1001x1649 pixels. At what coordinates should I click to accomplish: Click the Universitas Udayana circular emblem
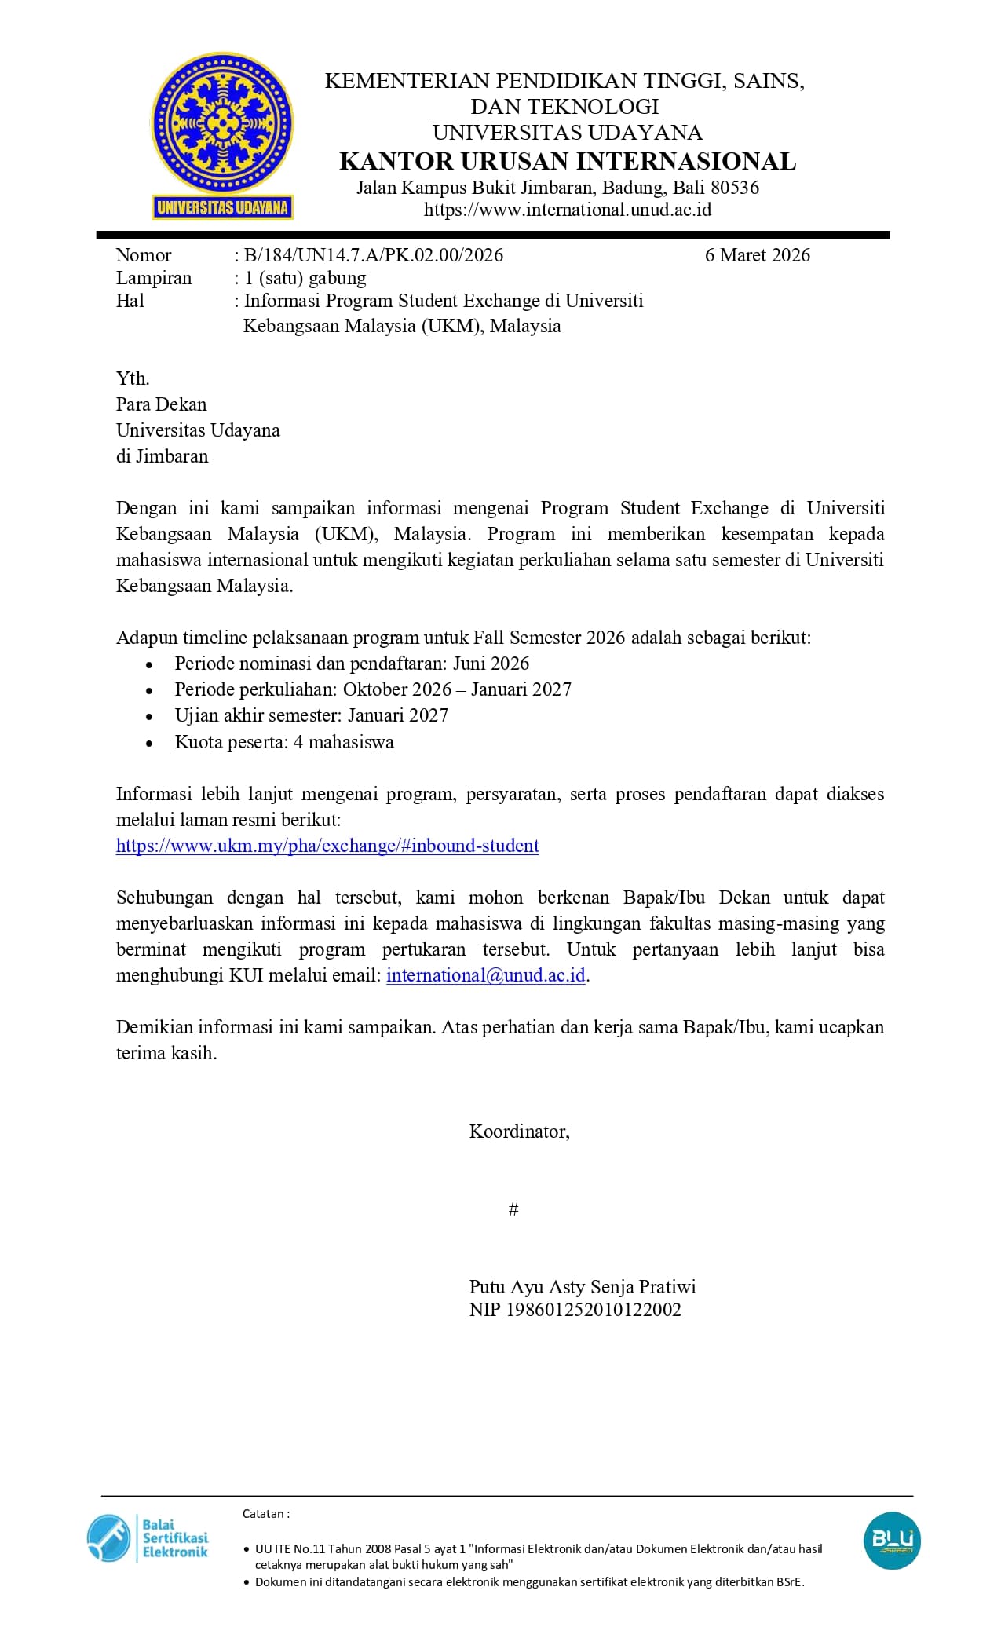pos(222,126)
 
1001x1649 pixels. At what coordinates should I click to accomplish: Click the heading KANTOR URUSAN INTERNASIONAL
pos(568,161)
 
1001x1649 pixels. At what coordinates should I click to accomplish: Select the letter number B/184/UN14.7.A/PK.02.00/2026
pos(374,255)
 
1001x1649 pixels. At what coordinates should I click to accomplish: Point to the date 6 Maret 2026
pos(757,255)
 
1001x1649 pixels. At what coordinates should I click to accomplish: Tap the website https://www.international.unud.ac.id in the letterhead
pos(567,210)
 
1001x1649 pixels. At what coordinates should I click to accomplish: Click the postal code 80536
pos(735,188)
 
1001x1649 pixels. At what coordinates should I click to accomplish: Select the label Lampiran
pos(154,278)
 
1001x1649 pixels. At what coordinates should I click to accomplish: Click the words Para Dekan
pos(162,404)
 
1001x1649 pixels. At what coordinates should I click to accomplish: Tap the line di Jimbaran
pos(163,456)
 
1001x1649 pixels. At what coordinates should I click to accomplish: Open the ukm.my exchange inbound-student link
pos(327,846)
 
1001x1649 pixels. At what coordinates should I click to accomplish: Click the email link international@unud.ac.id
pos(486,975)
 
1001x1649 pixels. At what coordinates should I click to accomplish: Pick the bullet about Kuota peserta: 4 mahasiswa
pos(284,742)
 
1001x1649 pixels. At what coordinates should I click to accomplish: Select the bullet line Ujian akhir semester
pos(311,715)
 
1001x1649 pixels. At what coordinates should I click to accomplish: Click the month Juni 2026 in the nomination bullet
pos(491,664)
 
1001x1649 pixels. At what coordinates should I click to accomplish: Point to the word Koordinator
pos(519,1132)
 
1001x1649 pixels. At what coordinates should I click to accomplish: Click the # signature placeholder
pos(513,1209)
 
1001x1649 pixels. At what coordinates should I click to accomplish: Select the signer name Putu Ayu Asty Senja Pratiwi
pos(583,1287)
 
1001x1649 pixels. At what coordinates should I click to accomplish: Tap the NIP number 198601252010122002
pos(594,1310)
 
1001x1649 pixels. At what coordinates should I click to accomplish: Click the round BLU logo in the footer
pos(892,1541)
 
